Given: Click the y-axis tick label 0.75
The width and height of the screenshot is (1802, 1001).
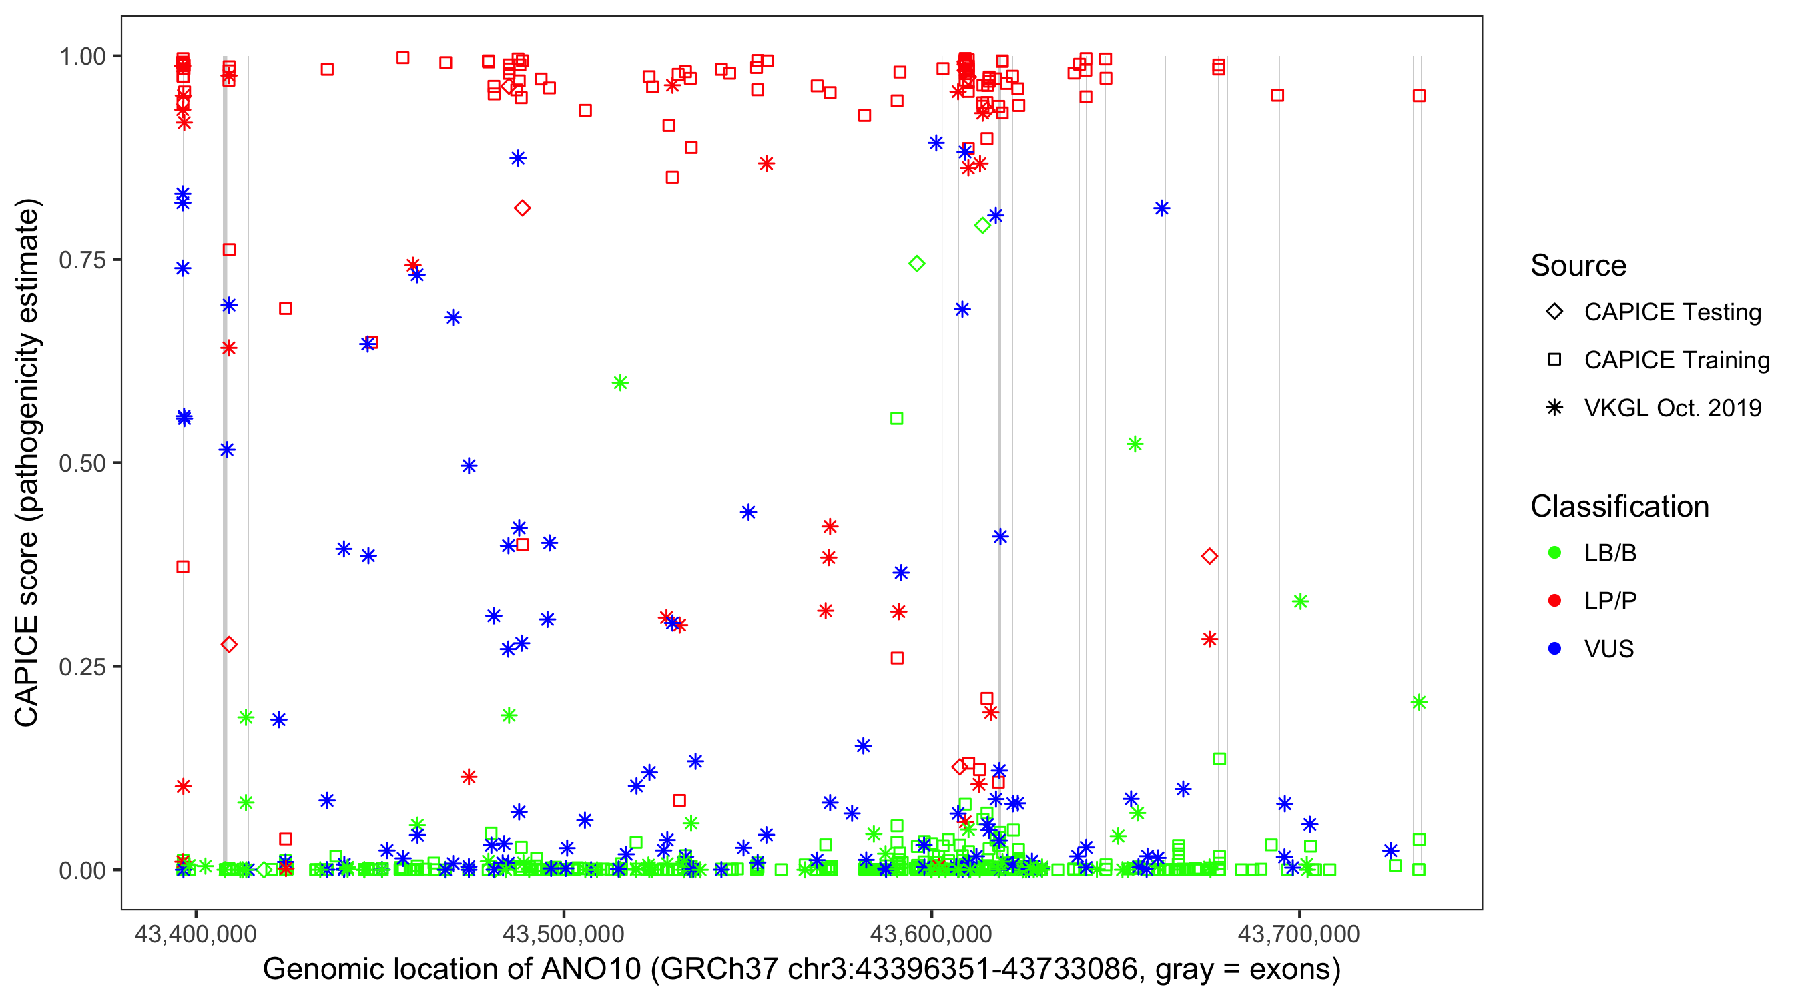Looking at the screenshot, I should [82, 260].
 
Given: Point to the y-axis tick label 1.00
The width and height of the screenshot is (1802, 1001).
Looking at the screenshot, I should [82, 57].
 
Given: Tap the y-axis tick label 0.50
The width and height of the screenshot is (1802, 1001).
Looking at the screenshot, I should [82, 464].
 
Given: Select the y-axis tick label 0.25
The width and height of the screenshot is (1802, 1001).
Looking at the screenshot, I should [82, 667].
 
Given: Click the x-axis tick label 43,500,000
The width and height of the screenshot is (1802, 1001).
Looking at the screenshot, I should [563, 934].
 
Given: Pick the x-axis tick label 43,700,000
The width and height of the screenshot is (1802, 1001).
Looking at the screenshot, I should [1299, 934].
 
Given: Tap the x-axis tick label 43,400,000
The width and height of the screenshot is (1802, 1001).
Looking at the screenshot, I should [195, 934].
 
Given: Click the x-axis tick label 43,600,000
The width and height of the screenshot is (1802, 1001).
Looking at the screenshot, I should [931, 934].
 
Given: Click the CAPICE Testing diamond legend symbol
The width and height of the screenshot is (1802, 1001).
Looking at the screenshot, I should [1554, 312].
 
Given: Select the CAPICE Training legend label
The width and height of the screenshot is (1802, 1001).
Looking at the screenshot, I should [1677, 360].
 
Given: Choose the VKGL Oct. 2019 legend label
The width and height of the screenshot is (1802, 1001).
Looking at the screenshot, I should [1673, 408].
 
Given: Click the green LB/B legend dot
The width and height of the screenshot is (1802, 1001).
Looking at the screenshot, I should [1554, 553].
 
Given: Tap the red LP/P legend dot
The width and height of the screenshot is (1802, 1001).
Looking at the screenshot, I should [1554, 601].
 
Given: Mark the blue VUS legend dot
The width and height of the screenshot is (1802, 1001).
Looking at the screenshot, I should [1554, 649].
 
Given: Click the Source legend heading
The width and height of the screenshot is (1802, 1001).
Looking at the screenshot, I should [1578, 266].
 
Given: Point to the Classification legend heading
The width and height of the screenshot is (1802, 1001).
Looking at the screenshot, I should [1619, 507].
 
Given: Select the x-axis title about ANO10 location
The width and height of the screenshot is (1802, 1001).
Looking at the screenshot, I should [802, 970].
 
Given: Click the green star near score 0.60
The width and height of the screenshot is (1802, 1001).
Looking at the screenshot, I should [620, 382].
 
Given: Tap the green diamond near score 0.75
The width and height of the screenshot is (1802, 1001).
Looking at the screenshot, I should [916, 264].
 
